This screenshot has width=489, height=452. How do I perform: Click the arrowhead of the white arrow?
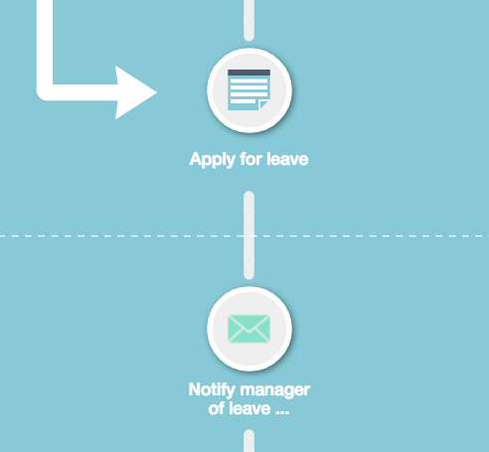(134, 92)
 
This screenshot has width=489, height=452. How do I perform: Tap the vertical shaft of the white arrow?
(45, 42)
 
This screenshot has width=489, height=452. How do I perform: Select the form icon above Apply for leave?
(248, 89)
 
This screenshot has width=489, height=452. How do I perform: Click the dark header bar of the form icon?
(248, 73)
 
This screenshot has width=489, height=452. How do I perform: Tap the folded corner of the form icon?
(264, 104)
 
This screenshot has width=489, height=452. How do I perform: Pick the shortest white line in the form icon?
(243, 101)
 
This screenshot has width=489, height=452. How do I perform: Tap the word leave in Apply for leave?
(287, 159)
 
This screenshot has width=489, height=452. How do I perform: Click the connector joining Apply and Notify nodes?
(248, 235)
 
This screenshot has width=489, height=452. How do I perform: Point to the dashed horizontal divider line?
(244, 235)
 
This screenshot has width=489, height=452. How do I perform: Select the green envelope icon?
(248, 329)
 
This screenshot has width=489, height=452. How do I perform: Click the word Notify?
(212, 390)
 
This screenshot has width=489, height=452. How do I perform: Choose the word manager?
(275, 390)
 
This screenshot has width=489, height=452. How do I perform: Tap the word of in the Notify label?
(216, 408)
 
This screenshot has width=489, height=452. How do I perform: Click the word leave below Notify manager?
(248, 408)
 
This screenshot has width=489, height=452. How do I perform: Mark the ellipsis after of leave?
(282, 413)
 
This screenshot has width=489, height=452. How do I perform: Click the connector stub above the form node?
(248, 21)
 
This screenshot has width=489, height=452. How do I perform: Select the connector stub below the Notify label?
(248, 441)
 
